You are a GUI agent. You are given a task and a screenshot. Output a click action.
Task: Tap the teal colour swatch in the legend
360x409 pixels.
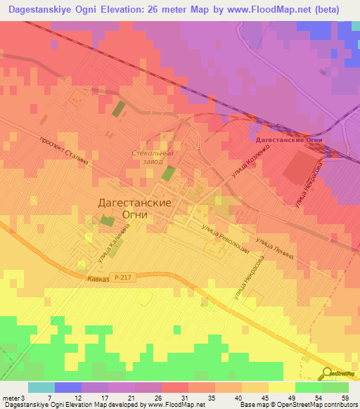pyautogui.click(x=41, y=387)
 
